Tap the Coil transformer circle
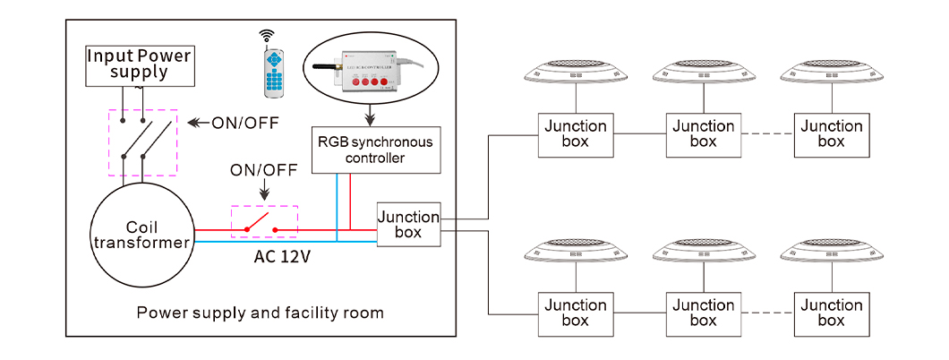[142, 234]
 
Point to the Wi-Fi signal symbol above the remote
[266, 36]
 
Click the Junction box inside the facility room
[408, 225]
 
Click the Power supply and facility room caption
[260, 313]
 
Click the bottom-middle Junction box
[705, 313]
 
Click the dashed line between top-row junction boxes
[769, 134]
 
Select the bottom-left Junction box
[575, 313]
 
